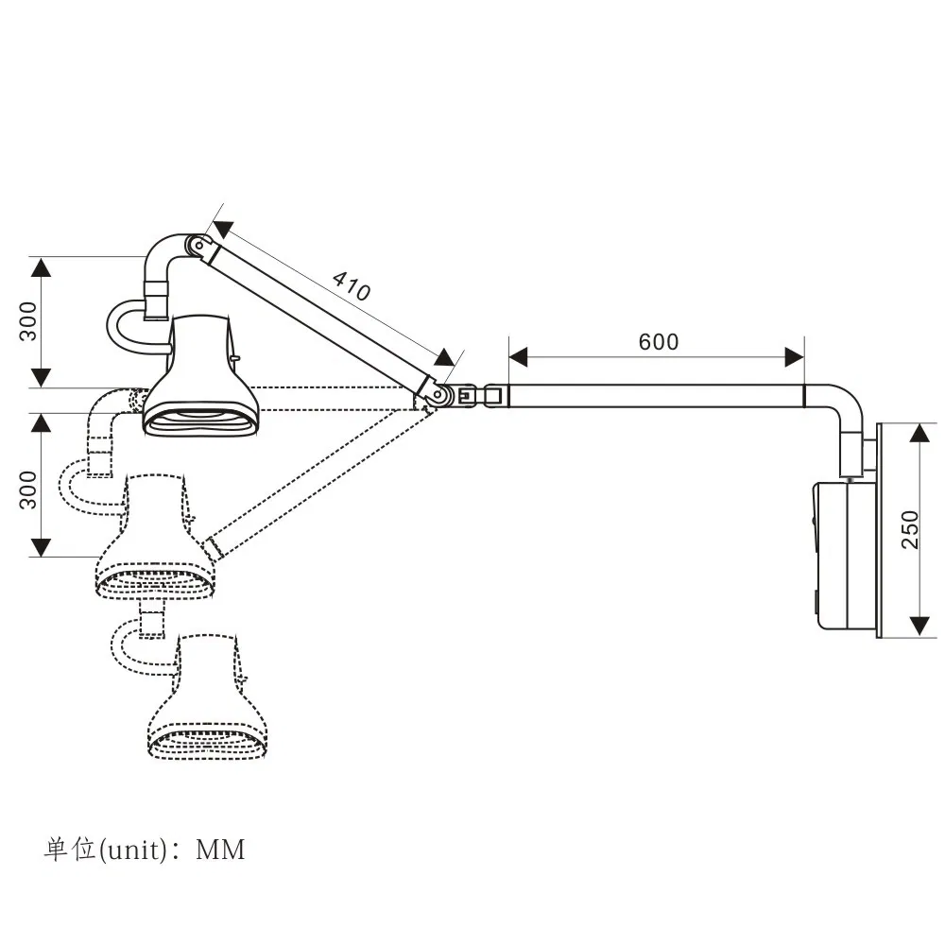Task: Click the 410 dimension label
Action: click(x=352, y=285)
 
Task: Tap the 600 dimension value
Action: click(x=658, y=341)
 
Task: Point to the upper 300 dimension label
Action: click(x=29, y=321)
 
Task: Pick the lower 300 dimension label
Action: click(x=29, y=490)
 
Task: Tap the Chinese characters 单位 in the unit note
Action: click(x=71, y=850)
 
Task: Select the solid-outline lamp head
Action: click(x=200, y=378)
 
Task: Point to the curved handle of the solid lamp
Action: click(x=121, y=326)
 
